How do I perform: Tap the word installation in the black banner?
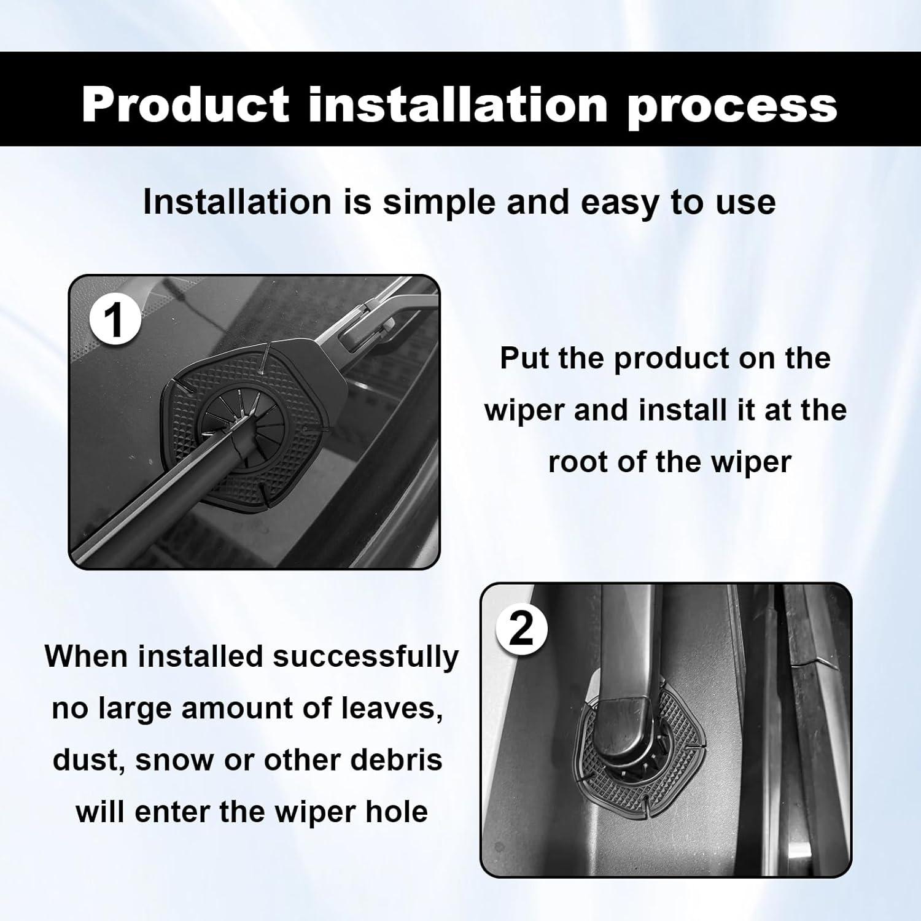click(x=458, y=104)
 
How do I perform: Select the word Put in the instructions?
click(x=524, y=358)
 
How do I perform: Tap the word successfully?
click(x=365, y=657)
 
